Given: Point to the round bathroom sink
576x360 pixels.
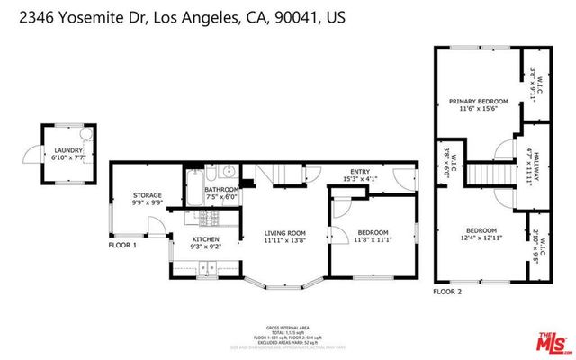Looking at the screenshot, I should coord(229,172).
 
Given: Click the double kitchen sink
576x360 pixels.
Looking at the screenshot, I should coord(206,266).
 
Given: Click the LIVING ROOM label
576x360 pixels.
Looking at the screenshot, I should coord(285,234).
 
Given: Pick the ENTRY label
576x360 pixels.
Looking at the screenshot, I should coord(360,172).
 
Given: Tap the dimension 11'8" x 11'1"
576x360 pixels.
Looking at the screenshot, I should coord(372,241).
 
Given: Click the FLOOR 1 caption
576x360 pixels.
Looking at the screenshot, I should coord(122,245).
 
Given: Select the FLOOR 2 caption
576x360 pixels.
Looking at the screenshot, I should coord(447,292).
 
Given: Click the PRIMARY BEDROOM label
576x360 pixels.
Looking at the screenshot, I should coord(479,101).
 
